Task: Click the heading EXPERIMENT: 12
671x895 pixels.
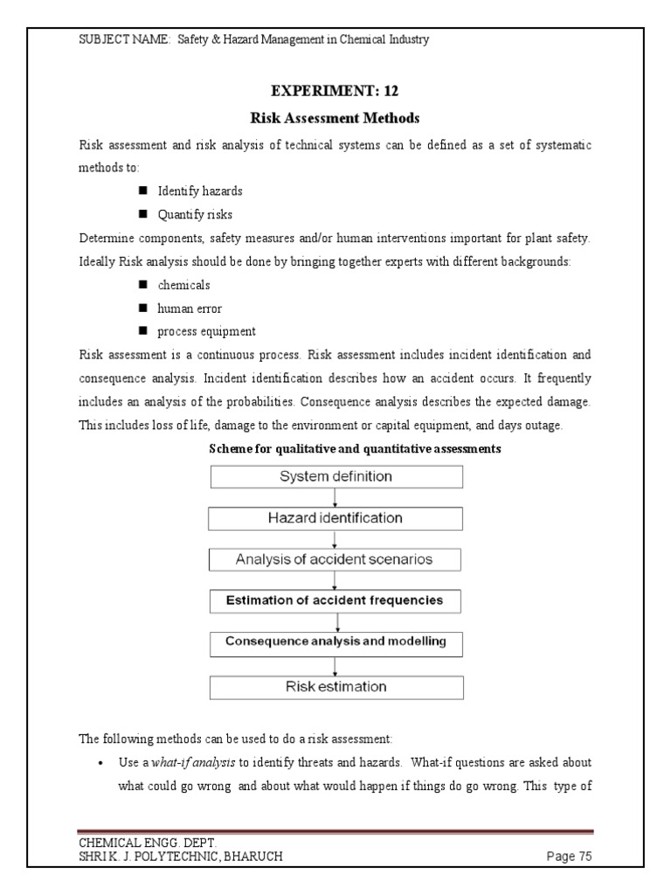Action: tap(335, 90)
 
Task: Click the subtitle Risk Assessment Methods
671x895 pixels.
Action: tap(335, 117)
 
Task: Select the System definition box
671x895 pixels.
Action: tap(335, 476)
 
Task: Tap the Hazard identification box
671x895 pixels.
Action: tap(335, 518)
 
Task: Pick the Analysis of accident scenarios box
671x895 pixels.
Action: tap(335, 559)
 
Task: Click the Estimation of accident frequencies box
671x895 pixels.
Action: tap(335, 600)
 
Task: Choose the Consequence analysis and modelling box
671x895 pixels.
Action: tap(335, 642)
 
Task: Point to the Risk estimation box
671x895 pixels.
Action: tap(335, 686)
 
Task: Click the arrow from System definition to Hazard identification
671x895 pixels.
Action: tap(335, 497)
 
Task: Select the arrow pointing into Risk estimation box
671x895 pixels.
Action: tap(335, 664)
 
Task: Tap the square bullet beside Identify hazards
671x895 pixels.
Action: tap(142, 191)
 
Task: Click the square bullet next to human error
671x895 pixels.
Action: tap(142, 309)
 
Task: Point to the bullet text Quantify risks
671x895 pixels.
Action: tap(195, 214)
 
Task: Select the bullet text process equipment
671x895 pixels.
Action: tap(206, 332)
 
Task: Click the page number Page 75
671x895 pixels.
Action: tap(569, 857)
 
